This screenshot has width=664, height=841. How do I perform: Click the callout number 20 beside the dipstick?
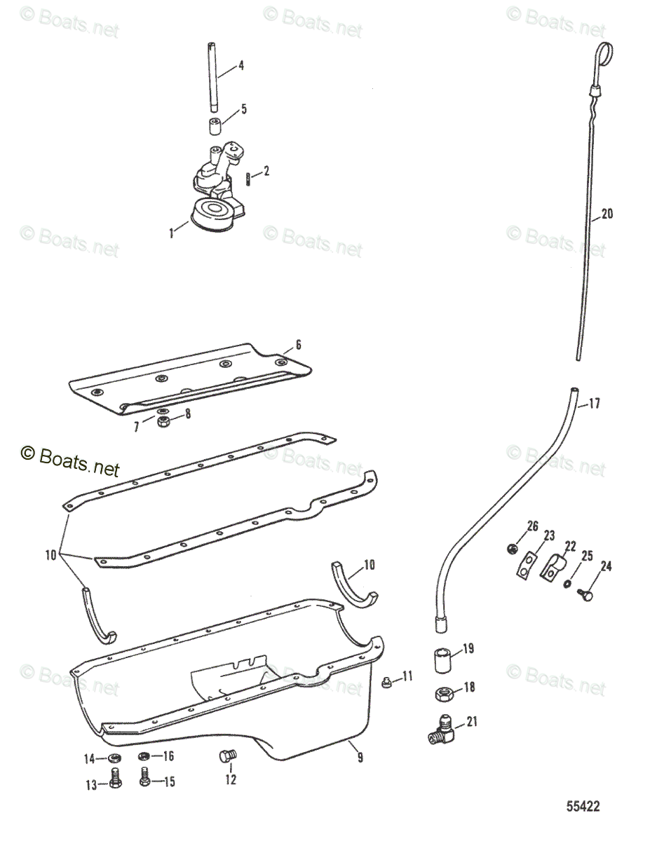point(607,214)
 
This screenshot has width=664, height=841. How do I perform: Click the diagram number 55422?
point(583,807)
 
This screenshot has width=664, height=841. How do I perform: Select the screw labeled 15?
point(145,777)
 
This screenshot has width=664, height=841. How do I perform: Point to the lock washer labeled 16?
point(144,756)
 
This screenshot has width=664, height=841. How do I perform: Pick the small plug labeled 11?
point(385,681)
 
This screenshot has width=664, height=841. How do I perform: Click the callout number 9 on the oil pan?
point(360,757)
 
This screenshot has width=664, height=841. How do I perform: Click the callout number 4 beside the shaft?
point(240,67)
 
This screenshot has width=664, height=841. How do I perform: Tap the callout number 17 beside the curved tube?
point(594,404)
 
